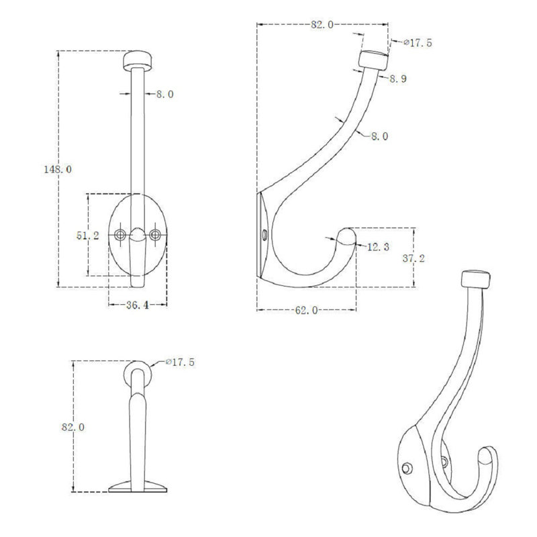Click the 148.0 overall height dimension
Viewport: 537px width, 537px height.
[x=58, y=169]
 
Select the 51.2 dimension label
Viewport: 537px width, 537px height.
[x=88, y=236]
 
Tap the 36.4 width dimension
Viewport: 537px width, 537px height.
[x=138, y=305]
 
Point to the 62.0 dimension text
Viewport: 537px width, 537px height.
[x=307, y=310]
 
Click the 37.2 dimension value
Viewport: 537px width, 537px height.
[x=413, y=258]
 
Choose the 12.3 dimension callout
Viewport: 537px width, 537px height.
[x=378, y=246]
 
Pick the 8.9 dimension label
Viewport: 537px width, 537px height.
[x=398, y=79]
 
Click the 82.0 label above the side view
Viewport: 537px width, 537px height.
[x=322, y=24]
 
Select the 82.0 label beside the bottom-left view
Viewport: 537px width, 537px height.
[x=73, y=427]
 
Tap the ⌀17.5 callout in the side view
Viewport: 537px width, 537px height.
[x=418, y=43]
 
